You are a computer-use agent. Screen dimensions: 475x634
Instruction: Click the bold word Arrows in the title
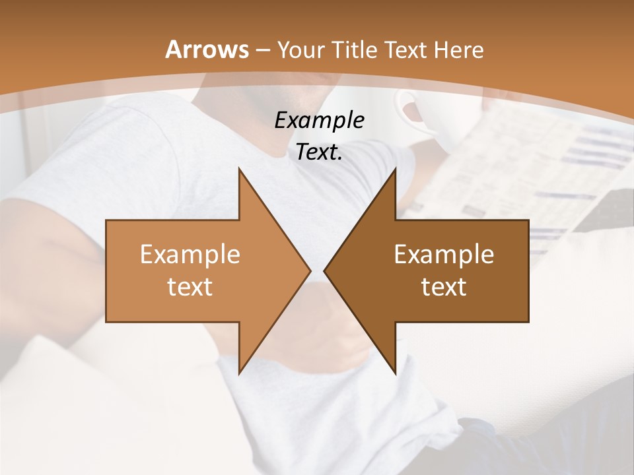207,49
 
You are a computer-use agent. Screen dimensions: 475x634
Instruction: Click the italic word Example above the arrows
319,120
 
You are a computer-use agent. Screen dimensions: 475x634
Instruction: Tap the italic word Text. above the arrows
319,152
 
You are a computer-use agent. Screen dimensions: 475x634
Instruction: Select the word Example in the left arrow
190,254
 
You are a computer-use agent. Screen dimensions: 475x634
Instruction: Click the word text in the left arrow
190,286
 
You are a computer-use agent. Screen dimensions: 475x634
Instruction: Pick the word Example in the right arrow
444,254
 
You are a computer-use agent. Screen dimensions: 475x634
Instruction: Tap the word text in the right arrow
444,286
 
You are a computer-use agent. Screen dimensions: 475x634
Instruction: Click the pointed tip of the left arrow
310,270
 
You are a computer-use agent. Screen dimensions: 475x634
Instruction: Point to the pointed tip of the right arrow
324,270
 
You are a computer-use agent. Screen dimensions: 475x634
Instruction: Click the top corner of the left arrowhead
239,168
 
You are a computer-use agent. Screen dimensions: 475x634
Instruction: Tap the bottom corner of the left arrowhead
239,373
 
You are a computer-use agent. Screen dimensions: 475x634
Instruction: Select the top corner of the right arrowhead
396,168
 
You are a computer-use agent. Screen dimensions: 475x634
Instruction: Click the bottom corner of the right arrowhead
396,373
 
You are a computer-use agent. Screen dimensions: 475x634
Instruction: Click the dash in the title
262,50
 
